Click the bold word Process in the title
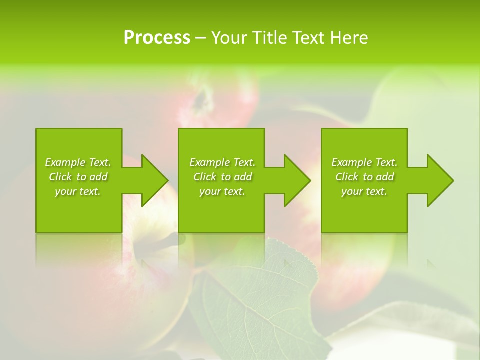point(157,38)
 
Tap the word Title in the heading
point(269,38)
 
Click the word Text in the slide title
point(309,38)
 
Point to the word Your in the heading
point(230,38)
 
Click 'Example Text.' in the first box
point(78,162)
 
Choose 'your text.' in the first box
point(78,191)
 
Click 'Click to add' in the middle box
point(222,177)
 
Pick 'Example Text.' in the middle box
point(222,162)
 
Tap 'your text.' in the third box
point(364,191)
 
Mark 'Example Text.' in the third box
point(364,162)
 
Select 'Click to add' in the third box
point(364,177)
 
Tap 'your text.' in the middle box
point(222,191)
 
